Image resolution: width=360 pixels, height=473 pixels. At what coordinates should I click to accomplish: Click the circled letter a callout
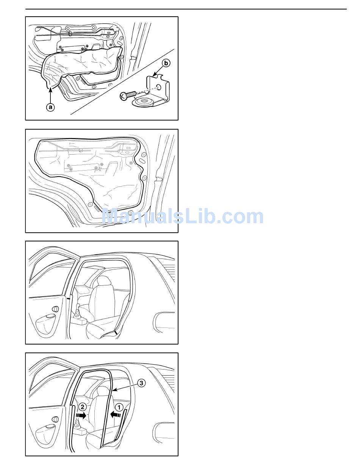pos(50,107)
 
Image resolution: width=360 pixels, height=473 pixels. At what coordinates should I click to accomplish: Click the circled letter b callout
pos(166,63)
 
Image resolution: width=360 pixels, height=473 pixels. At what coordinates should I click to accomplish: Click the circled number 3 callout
pos(141,383)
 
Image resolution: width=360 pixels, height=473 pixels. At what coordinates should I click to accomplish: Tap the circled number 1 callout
pos(119,407)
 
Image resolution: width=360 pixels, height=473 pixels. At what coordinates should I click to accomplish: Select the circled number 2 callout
pos(82,407)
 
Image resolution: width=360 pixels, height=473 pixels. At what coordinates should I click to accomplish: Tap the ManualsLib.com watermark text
pos(182,216)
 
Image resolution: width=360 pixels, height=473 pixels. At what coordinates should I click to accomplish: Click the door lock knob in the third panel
pos(55,309)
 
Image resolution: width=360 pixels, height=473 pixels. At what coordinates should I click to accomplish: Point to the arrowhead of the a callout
pos(50,90)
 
